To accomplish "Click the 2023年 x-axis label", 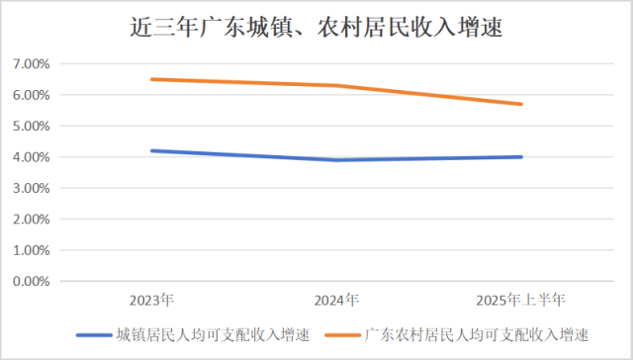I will [151, 299].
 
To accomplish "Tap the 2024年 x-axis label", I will [336, 299].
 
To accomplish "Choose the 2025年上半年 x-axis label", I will [521, 299].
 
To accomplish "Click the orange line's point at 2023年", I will [151, 79].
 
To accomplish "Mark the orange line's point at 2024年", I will [336, 85].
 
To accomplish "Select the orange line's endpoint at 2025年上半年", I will [521, 104].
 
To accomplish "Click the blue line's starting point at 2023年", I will [151, 150].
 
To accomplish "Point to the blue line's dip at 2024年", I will [336, 160].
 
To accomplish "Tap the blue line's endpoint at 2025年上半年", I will [521, 156].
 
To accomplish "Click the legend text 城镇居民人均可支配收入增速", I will [214, 334].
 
